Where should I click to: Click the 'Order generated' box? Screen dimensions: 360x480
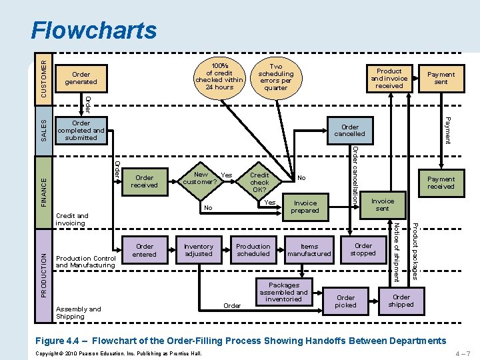click(81, 78)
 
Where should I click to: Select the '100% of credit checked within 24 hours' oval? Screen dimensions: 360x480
click(219, 76)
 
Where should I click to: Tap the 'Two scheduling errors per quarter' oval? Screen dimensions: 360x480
click(275, 77)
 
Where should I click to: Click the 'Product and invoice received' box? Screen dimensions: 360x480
click(389, 78)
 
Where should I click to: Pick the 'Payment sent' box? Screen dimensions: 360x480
click(441, 78)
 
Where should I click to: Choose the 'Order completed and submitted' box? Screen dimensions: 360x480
click(81, 130)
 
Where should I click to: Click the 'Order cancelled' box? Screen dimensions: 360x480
click(349, 130)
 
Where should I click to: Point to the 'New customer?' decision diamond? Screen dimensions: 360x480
click(200, 178)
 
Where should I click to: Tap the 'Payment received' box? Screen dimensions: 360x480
click(441, 183)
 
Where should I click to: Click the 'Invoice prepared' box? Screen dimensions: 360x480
click(305, 207)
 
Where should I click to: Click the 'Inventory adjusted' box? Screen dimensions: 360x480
click(199, 249)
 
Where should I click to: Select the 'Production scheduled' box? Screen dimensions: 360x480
click(253, 249)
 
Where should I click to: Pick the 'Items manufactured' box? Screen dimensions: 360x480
click(309, 250)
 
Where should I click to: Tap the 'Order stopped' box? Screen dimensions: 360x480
click(363, 249)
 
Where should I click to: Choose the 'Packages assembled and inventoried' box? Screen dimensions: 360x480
click(283, 292)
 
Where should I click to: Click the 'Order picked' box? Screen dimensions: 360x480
click(345, 301)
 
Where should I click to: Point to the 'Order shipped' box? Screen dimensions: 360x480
click(401, 301)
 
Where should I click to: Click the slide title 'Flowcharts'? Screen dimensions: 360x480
click(94, 30)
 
